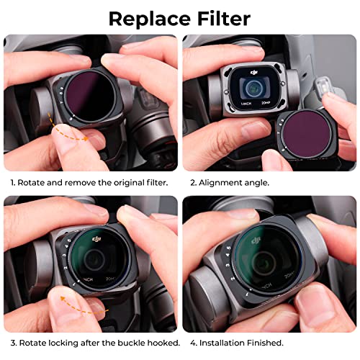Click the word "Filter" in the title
coord(222,18)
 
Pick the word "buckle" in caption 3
coord(126,343)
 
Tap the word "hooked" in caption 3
coord(161,343)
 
